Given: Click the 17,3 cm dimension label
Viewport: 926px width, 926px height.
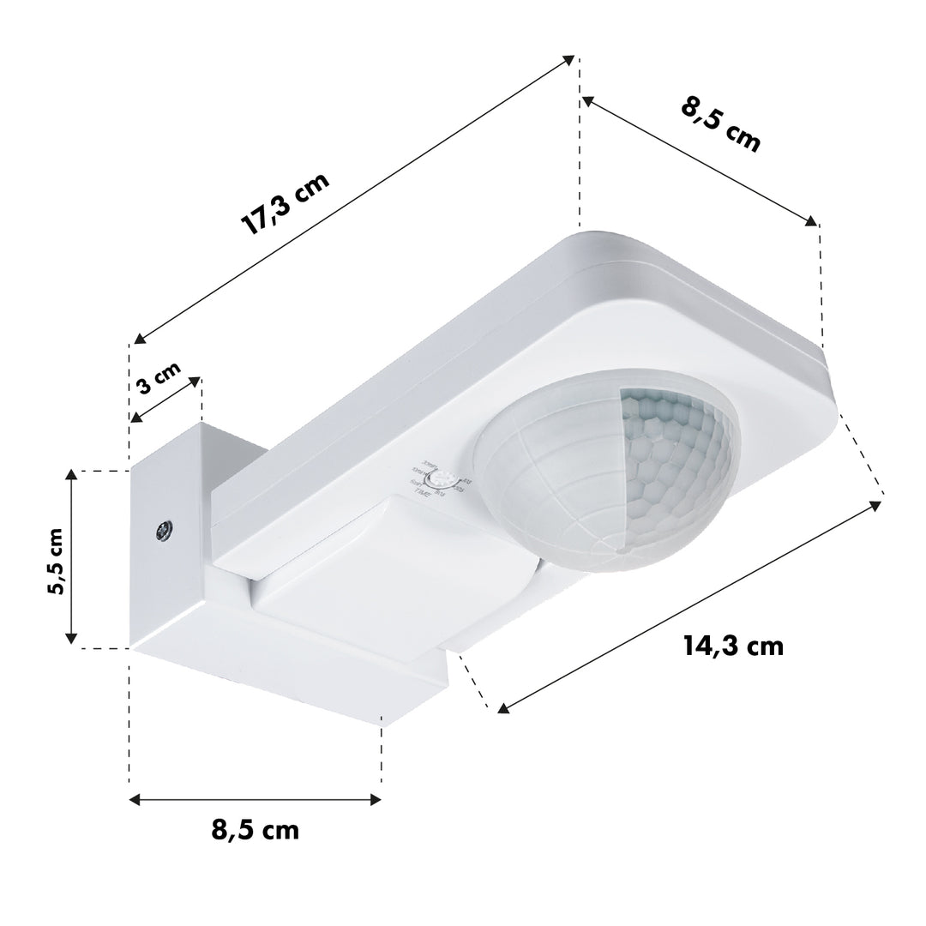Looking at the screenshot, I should tap(285, 204).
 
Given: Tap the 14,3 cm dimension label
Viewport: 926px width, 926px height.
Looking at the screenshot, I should tap(733, 646).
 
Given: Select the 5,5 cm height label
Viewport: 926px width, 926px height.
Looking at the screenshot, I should tap(55, 560).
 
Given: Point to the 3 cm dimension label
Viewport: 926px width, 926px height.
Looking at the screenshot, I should tap(159, 378).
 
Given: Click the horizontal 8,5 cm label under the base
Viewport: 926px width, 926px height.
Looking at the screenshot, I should tap(255, 829).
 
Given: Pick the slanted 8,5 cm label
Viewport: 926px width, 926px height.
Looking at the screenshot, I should tap(721, 124).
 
